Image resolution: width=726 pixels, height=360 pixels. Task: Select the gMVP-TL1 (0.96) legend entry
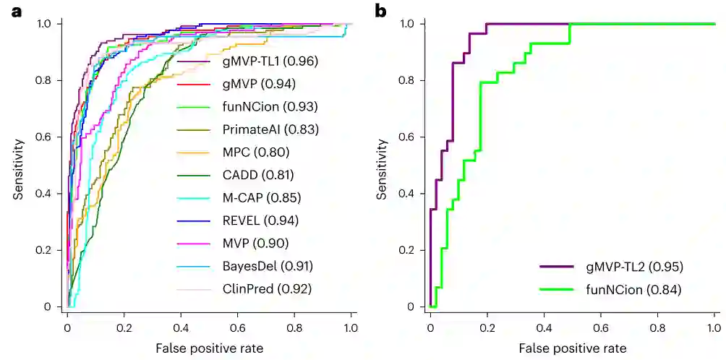[269, 61]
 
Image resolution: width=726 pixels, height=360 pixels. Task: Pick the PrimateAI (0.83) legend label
[270, 130]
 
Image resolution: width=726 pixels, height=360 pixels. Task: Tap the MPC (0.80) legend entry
[255, 153]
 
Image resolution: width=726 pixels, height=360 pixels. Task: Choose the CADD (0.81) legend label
[258, 175]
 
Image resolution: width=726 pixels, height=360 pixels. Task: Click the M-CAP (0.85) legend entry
[262, 197]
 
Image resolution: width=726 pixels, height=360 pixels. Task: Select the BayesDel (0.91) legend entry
[268, 266]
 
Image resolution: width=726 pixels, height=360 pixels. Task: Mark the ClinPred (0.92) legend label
[267, 288]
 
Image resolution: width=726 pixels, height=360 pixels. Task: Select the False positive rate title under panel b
[572, 348]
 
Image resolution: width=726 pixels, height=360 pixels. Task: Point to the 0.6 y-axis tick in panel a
[49, 137]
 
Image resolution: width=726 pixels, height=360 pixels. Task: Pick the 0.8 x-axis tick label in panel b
[657, 326]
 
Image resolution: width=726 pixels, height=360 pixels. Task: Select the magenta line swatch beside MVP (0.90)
[196, 243]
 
